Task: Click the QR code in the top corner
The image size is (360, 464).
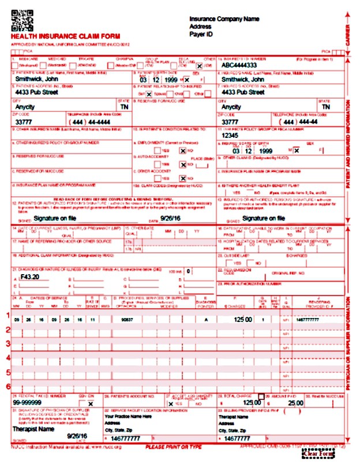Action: [22, 20]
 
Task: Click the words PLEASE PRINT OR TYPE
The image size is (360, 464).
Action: [173, 447]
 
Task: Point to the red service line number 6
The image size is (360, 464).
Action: [8, 386]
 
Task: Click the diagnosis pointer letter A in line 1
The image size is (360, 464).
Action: [205, 319]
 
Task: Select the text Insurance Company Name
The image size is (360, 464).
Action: [224, 19]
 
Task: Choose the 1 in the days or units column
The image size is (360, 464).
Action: [263, 319]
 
